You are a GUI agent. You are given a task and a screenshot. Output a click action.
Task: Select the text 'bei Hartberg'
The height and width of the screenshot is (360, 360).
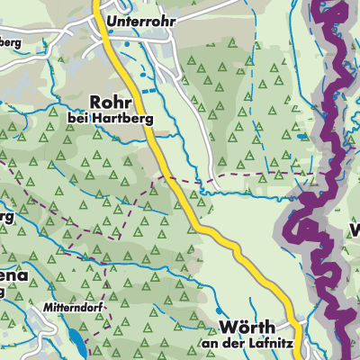(111, 117)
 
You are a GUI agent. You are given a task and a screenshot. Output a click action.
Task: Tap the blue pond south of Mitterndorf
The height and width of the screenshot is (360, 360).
(72, 339)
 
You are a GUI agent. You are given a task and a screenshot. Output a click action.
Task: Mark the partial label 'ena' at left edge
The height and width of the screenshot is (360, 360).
(12, 275)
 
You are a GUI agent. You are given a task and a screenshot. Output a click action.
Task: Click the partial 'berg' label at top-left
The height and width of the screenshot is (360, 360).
(10, 42)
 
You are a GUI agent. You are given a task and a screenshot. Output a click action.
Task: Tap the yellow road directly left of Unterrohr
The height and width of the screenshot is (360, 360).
(98, 19)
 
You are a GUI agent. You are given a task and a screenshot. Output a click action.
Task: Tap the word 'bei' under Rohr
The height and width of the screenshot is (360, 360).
(77, 117)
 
